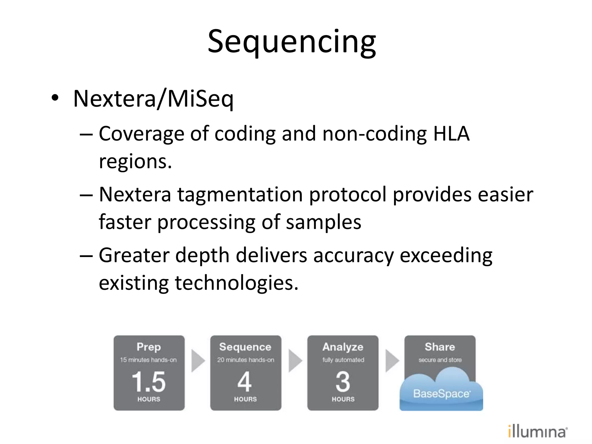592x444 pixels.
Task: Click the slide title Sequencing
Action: (292, 42)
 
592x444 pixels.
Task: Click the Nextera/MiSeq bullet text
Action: (153, 99)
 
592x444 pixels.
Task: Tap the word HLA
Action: (451, 134)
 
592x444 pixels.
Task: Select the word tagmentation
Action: (240, 195)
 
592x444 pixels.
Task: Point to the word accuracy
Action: (353, 256)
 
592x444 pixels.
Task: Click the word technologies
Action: (236, 283)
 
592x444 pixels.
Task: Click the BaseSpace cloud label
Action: (441, 394)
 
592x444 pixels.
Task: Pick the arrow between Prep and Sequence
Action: (198, 361)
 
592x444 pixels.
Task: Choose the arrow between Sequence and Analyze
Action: (295, 361)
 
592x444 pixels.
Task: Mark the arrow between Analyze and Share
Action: (392, 361)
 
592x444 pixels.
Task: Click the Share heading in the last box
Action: (440, 347)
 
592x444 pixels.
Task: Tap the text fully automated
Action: (343, 360)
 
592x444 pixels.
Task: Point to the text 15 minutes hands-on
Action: (148, 360)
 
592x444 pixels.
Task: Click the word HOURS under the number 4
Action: (245, 399)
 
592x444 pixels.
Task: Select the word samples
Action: (323, 222)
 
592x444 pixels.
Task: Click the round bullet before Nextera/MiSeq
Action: (55, 98)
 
